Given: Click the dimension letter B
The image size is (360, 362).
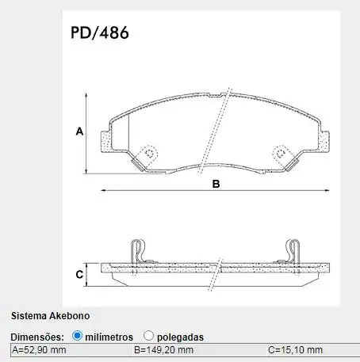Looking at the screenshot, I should [x=215, y=184].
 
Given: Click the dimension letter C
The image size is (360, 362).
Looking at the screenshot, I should [x=79, y=275].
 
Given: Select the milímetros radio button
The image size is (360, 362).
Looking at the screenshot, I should [x=77, y=335].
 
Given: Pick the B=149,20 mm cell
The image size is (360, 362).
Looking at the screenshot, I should [x=163, y=349].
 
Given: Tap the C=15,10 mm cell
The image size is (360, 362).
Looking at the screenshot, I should [x=296, y=349].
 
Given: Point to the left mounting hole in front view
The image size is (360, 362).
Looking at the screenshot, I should [x=147, y=154].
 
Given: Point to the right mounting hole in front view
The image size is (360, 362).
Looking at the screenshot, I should [x=278, y=154].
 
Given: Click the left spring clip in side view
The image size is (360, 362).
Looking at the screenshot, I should [x=139, y=251].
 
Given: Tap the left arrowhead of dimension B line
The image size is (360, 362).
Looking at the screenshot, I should [x=103, y=191].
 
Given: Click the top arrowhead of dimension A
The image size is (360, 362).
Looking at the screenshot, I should [x=87, y=93].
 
